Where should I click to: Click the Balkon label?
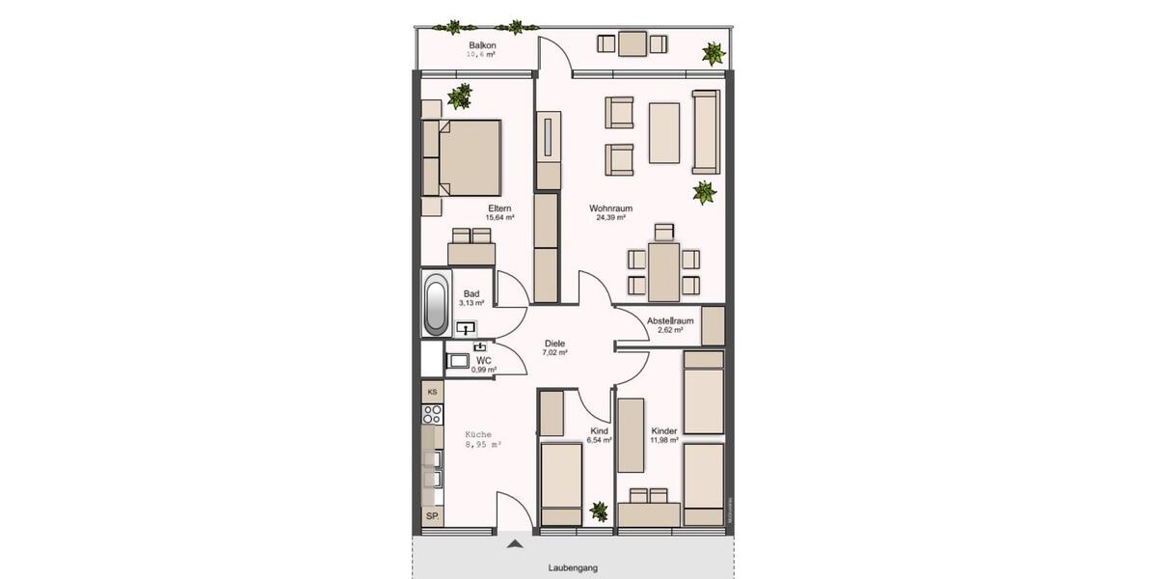point(482,46)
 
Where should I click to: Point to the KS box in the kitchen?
point(433,392)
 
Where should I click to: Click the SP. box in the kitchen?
point(433,517)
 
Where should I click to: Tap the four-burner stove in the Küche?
point(433,414)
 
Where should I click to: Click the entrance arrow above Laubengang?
point(517,545)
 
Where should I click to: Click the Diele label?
point(554,344)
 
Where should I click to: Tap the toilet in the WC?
point(457,362)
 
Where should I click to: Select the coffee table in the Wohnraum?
point(664,132)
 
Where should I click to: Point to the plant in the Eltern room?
point(461,96)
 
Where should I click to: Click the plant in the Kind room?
point(599,511)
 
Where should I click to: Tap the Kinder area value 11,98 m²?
point(664,441)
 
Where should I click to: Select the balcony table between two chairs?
point(632,43)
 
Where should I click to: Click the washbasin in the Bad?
point(468,328)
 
